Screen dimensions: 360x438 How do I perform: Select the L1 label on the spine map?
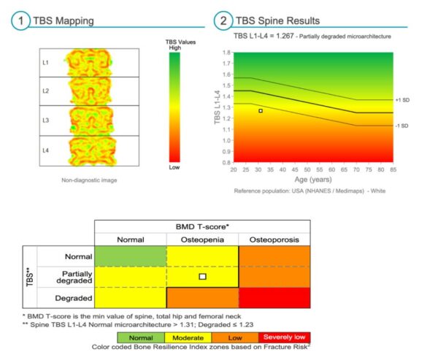[45, 63]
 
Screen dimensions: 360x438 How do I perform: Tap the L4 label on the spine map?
[45, 150]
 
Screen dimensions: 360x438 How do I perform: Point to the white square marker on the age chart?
[261, 111]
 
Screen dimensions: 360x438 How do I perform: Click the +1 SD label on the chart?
[401, 99]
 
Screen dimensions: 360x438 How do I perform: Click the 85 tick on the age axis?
[393, 169]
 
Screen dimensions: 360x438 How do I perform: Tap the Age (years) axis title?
[311, 180]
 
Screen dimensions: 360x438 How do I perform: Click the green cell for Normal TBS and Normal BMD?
[131, 256]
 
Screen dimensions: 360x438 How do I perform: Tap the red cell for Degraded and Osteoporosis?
[274, 297]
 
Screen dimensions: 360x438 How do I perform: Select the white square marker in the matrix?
[203, 277]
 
